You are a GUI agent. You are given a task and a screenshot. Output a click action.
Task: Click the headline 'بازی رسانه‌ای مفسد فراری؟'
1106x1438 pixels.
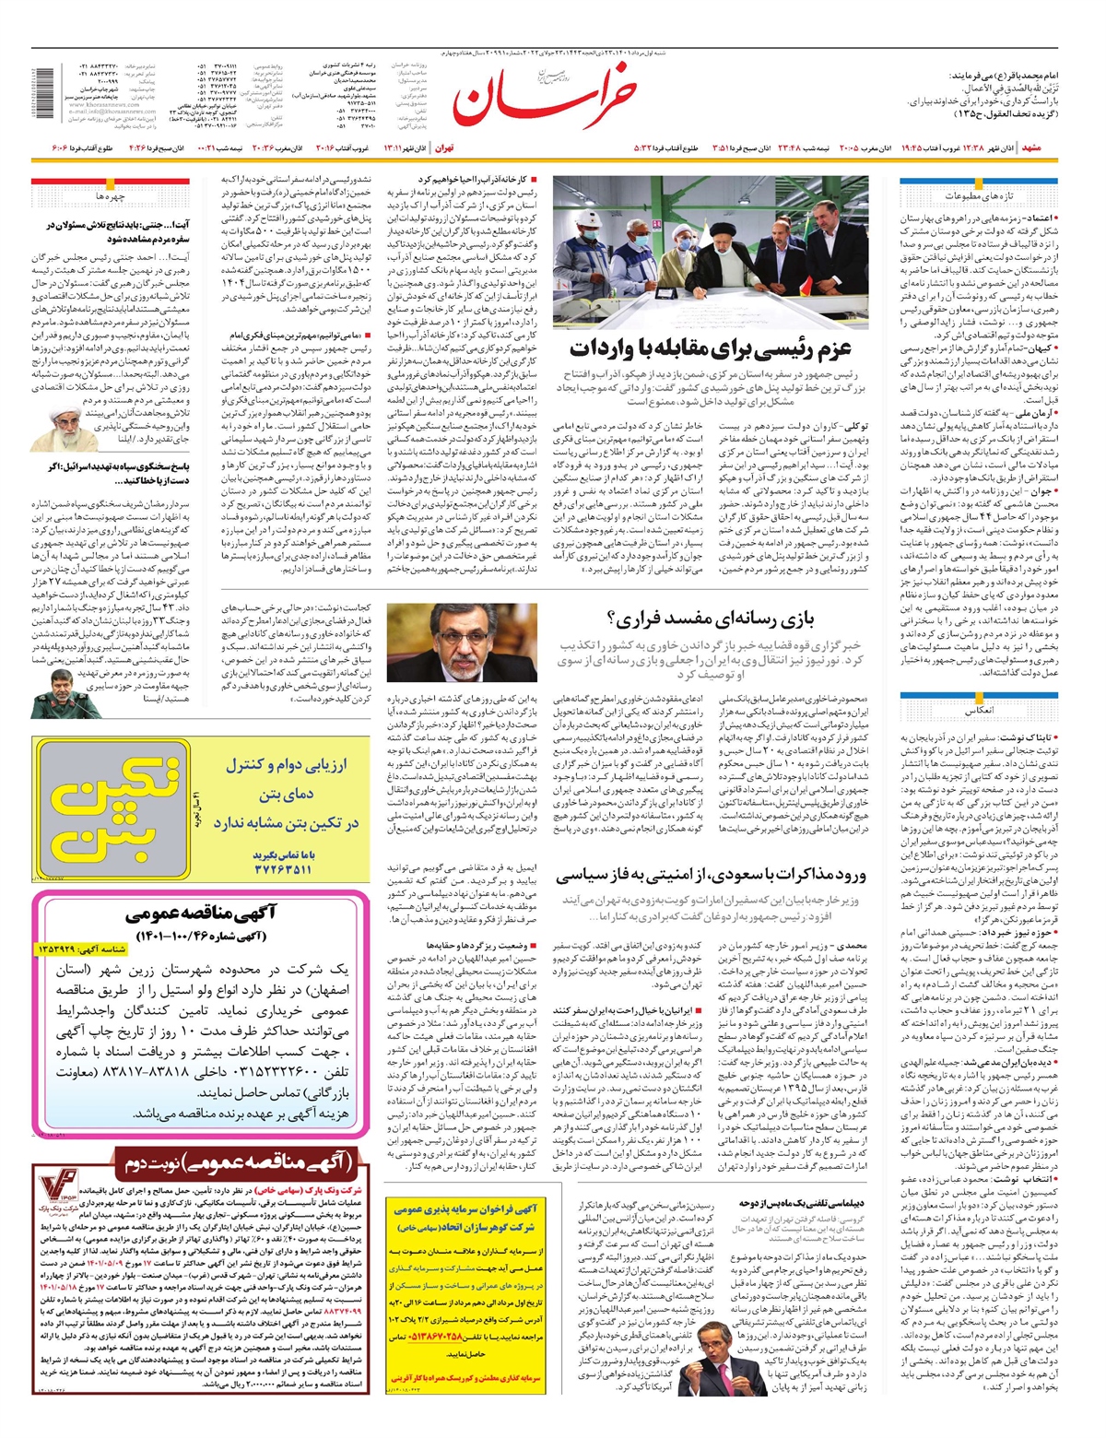pyautogui.click(x=710, y=618)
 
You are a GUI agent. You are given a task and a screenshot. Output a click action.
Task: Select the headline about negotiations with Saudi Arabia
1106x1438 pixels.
pyautogui.click(x=712, y=876)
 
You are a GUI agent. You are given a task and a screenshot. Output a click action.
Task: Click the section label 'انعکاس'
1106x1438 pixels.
pyautogui.click(x=979, y=712)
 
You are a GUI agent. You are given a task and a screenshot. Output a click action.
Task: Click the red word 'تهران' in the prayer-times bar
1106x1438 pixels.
pyautogui.click(x=445, y=148)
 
